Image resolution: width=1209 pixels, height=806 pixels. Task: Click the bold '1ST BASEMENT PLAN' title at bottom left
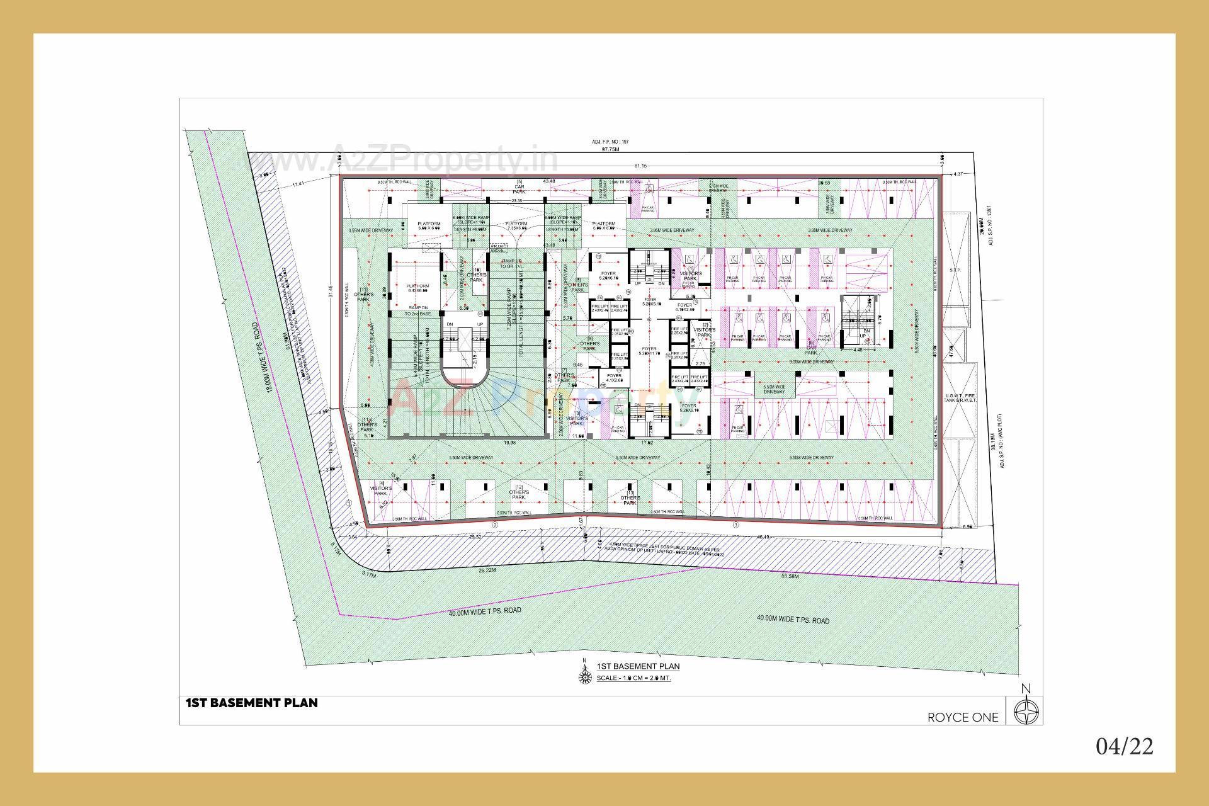251,703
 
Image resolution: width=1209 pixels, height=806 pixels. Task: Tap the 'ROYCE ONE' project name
963,717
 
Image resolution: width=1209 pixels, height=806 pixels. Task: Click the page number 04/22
1125,746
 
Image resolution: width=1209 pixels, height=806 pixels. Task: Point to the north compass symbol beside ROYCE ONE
1027,713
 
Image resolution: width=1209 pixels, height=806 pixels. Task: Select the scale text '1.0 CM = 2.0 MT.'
633,678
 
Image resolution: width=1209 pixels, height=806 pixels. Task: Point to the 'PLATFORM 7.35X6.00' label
516,226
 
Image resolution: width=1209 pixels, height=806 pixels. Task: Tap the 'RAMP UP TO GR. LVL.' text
512,263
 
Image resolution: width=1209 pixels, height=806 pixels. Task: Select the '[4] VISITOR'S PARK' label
380,489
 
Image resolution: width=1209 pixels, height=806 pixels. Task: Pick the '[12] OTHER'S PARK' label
518,492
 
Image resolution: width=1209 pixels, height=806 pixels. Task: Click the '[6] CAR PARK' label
811,348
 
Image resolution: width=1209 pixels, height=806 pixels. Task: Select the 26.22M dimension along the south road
487,570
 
